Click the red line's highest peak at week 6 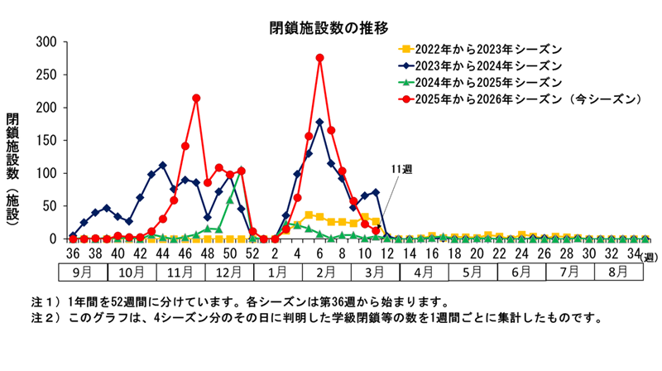click(x=319, y=58)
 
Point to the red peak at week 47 click(x=196, y=98)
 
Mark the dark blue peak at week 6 click(x=319, y=122)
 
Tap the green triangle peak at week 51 click(x=241, y=171)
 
